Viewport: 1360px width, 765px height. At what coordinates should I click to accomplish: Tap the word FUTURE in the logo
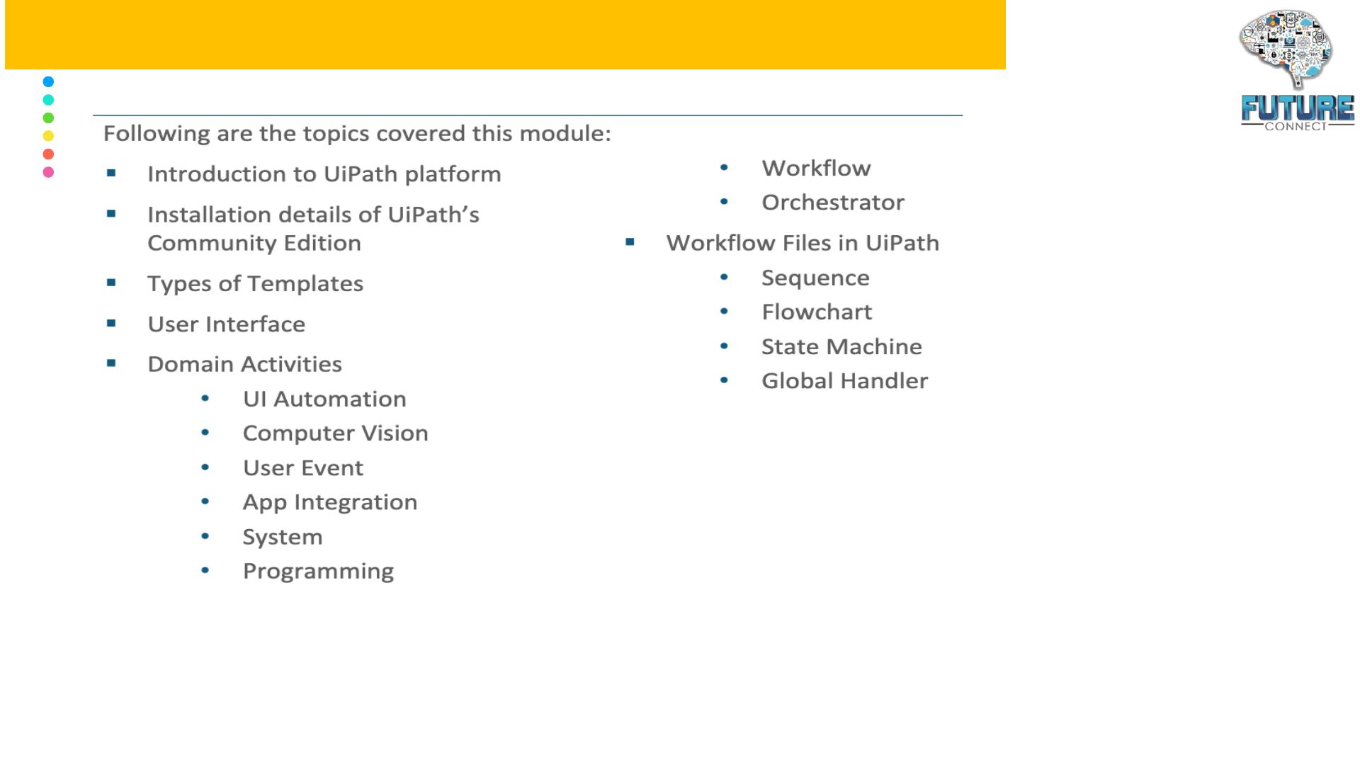coord(1298,108)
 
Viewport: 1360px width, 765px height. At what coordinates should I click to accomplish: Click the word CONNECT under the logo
coord(1296,126)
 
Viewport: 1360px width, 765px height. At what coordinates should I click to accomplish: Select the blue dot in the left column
coord(48,81)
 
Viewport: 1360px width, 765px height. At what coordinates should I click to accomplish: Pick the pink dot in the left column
coord(48,172)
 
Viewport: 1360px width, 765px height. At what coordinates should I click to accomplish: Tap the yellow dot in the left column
coord(48,136)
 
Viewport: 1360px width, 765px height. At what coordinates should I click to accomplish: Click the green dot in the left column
coord(48,118)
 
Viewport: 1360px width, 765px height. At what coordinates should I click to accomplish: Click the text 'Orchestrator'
coord(833,203)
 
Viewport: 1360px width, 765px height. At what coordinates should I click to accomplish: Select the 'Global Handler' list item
coord(844,381)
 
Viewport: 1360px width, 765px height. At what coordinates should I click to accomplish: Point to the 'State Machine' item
coord(841,346)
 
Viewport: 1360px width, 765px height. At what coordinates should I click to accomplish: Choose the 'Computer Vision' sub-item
coord(336,433)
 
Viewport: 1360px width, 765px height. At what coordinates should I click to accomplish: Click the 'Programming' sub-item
coord(318,572)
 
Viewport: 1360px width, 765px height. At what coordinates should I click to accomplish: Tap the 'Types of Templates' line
coord(255,284)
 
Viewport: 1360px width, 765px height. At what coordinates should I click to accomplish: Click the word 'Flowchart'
coord(817,312)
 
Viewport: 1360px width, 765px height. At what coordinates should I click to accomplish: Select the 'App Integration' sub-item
coord(330,502)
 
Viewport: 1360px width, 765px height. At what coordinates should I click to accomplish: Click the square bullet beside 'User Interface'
coord(111,323)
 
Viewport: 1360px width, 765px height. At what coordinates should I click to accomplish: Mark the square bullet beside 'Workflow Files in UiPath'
coord(630,242)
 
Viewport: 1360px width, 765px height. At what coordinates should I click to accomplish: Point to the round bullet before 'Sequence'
coord(724,277)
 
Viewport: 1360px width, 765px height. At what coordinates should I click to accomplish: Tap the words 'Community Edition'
coord(254,243)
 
